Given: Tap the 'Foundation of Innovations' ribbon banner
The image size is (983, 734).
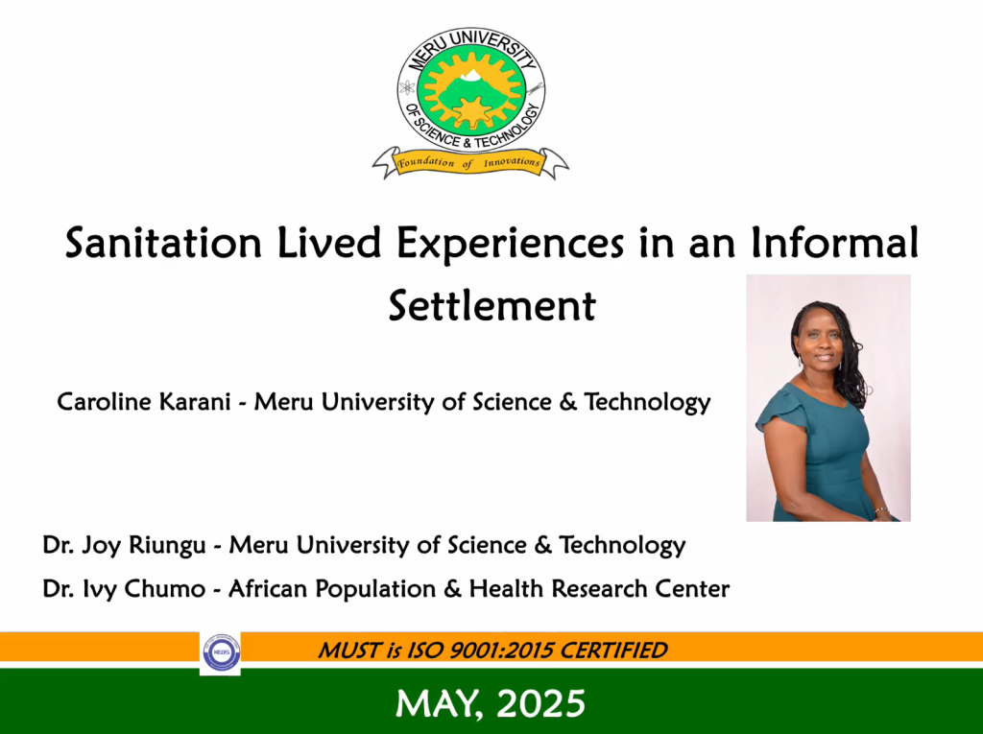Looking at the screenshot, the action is [x=470, y=163].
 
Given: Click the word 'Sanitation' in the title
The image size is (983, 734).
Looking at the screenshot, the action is [x=163, y=243].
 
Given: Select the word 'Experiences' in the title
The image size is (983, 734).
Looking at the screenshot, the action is [x=511, y=244].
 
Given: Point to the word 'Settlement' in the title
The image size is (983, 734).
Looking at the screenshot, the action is [x=492, y=306].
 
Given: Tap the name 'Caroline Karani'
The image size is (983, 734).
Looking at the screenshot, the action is [x=144, y=402].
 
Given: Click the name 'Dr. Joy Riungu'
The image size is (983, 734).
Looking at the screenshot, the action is [x=124, y=545].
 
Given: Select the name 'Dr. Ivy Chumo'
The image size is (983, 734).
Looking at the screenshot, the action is [x=124, y=589].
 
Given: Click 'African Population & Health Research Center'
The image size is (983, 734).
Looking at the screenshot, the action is [x=479, y=589].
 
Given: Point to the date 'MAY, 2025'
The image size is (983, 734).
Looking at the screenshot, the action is [x=491, y=703].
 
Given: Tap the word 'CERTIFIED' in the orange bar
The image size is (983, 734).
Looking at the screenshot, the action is [x=613, y=651].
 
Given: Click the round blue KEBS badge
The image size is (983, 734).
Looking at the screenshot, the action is [x=222, y=652].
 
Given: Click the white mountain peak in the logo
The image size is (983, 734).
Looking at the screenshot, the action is [x=470, y=76].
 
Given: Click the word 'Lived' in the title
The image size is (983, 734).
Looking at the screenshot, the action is [x=329, y=242].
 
